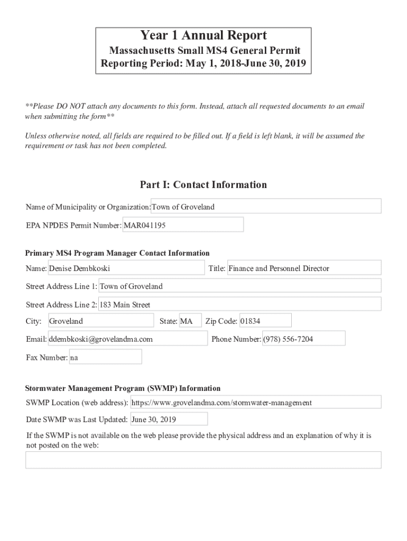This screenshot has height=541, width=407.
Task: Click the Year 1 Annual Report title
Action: coord(203,36)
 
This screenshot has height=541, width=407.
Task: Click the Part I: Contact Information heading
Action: coord(203,185)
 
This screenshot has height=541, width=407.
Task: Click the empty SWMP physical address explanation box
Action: coord(203,460)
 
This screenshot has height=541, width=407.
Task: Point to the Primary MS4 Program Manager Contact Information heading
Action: coord(117,253)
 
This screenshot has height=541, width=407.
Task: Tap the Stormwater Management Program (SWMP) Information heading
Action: coord(123,388)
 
